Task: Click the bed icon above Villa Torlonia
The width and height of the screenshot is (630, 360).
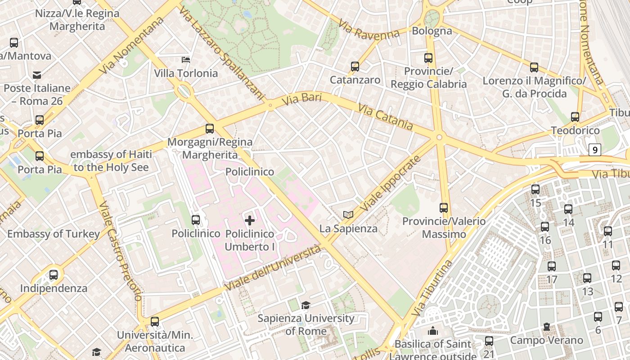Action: (186, 59)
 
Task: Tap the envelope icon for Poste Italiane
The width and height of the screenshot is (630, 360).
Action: (37, 75)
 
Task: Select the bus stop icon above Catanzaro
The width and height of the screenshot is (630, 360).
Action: (355, 67)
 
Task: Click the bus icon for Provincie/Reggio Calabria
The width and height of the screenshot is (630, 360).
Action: (428, 58)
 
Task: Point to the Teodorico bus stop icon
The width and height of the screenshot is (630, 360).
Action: (575, 117)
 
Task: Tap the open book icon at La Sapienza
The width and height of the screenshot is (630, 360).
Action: (348, 215)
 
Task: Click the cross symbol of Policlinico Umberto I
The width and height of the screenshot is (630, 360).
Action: (250, 220)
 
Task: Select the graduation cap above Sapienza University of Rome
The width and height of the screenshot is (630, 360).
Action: (306, 306)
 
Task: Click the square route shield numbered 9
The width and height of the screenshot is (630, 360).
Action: (595, 150)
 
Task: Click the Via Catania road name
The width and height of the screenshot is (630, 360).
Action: (386, 117)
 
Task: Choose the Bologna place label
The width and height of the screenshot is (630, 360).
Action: (432, 31)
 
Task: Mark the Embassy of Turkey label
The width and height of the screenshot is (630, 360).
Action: (54, 234)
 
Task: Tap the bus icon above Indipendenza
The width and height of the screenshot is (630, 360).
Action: (54, 274)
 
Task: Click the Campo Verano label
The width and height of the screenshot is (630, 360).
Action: (546, 340)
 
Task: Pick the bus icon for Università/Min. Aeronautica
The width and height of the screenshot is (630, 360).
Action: (155, 322)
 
